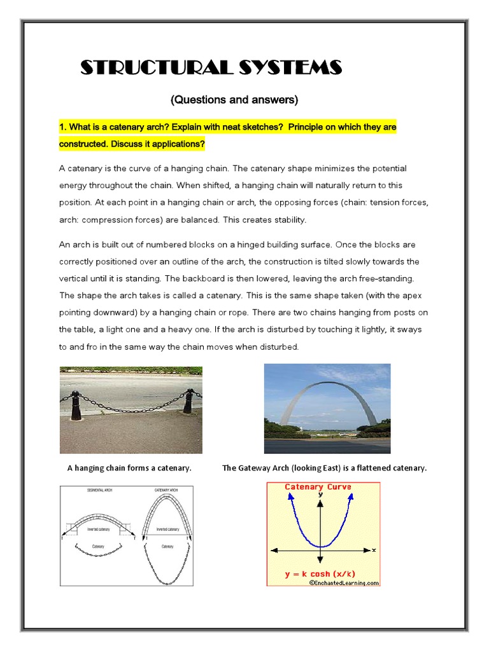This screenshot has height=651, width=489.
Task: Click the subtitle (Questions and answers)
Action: tap(234, 100)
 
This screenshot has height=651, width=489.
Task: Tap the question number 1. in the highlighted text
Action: tap(63, 127)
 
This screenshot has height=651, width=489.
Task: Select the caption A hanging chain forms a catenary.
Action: tap(129, 468)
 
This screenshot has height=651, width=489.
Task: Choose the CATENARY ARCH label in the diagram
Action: tap(167, 491)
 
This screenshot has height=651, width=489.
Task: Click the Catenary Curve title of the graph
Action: tap(318, 487)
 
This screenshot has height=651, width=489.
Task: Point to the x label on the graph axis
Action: tap(374, 549)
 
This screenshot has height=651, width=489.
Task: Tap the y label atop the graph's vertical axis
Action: tap(321, 494)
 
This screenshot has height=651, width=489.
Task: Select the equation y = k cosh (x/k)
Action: tap(320, 574)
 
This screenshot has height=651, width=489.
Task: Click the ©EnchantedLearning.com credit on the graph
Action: tap(344, 582)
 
